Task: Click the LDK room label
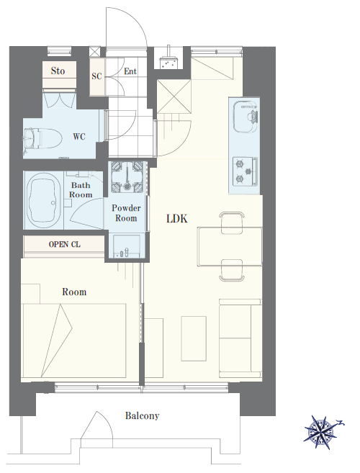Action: pos(177,218)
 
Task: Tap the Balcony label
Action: pos(142,415)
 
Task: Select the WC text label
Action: pos(79,137)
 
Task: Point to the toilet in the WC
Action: pos(42,138)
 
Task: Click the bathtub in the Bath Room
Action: pos(43,200)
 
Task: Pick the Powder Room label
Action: pos(126,213)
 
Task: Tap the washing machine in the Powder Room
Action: pos(127,177)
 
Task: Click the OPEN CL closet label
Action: pos(65,244)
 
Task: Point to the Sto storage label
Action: pos(58,71)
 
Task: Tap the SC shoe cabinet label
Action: pos(96,76)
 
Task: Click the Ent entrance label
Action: pos(130,71)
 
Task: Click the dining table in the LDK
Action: pos(230,247)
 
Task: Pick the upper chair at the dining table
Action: pos(232,222)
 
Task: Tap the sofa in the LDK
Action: pos(240,338)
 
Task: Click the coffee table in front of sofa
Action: pos(194,338)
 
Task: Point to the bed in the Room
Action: pos(74,341)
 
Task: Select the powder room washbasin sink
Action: pos(127,246)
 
